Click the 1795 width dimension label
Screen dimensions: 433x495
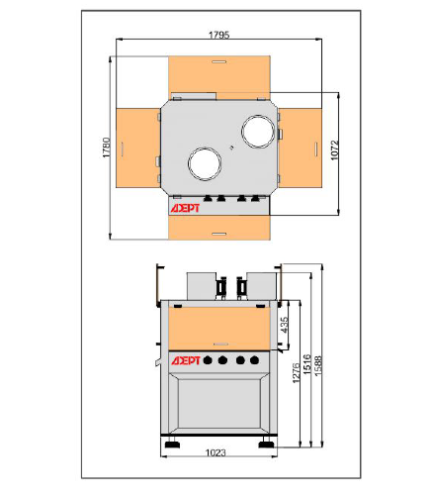219,35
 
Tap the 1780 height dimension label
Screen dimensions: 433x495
107,148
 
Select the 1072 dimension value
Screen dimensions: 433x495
334,150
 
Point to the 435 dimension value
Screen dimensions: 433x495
284,325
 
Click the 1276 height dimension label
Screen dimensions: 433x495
297,372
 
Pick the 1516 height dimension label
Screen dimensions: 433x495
307,364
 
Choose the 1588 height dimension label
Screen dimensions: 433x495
318,365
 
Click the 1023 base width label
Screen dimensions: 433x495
216,452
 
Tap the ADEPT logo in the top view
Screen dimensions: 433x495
185,208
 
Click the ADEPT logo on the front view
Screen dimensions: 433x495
185,360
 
